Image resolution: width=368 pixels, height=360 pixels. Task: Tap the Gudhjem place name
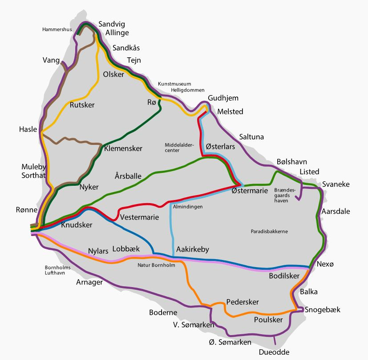[x=223, y=98]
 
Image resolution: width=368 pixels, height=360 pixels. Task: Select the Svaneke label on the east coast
[x=336, y=184]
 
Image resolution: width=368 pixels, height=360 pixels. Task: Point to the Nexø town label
[x=325, y=264]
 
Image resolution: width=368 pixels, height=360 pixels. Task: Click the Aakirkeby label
[x=193, y=249]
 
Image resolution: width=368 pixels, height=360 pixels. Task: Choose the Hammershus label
[x=57, y=30]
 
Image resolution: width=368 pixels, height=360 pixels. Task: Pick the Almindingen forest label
[x=187, y=207]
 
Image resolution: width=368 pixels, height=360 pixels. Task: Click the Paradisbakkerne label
[x=269, y=232]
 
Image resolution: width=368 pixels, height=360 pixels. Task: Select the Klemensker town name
[x=123, y=148]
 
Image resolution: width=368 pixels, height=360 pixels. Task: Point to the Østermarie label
[x=250, y=191]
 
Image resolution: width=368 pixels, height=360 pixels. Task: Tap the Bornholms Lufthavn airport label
[x=58, y=270]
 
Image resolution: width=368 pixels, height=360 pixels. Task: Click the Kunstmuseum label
[x=174, y=84]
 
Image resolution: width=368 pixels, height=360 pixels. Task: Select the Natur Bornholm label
[x=156, y=265]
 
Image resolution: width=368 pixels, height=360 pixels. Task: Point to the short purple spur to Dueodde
[x=275, y=340]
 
